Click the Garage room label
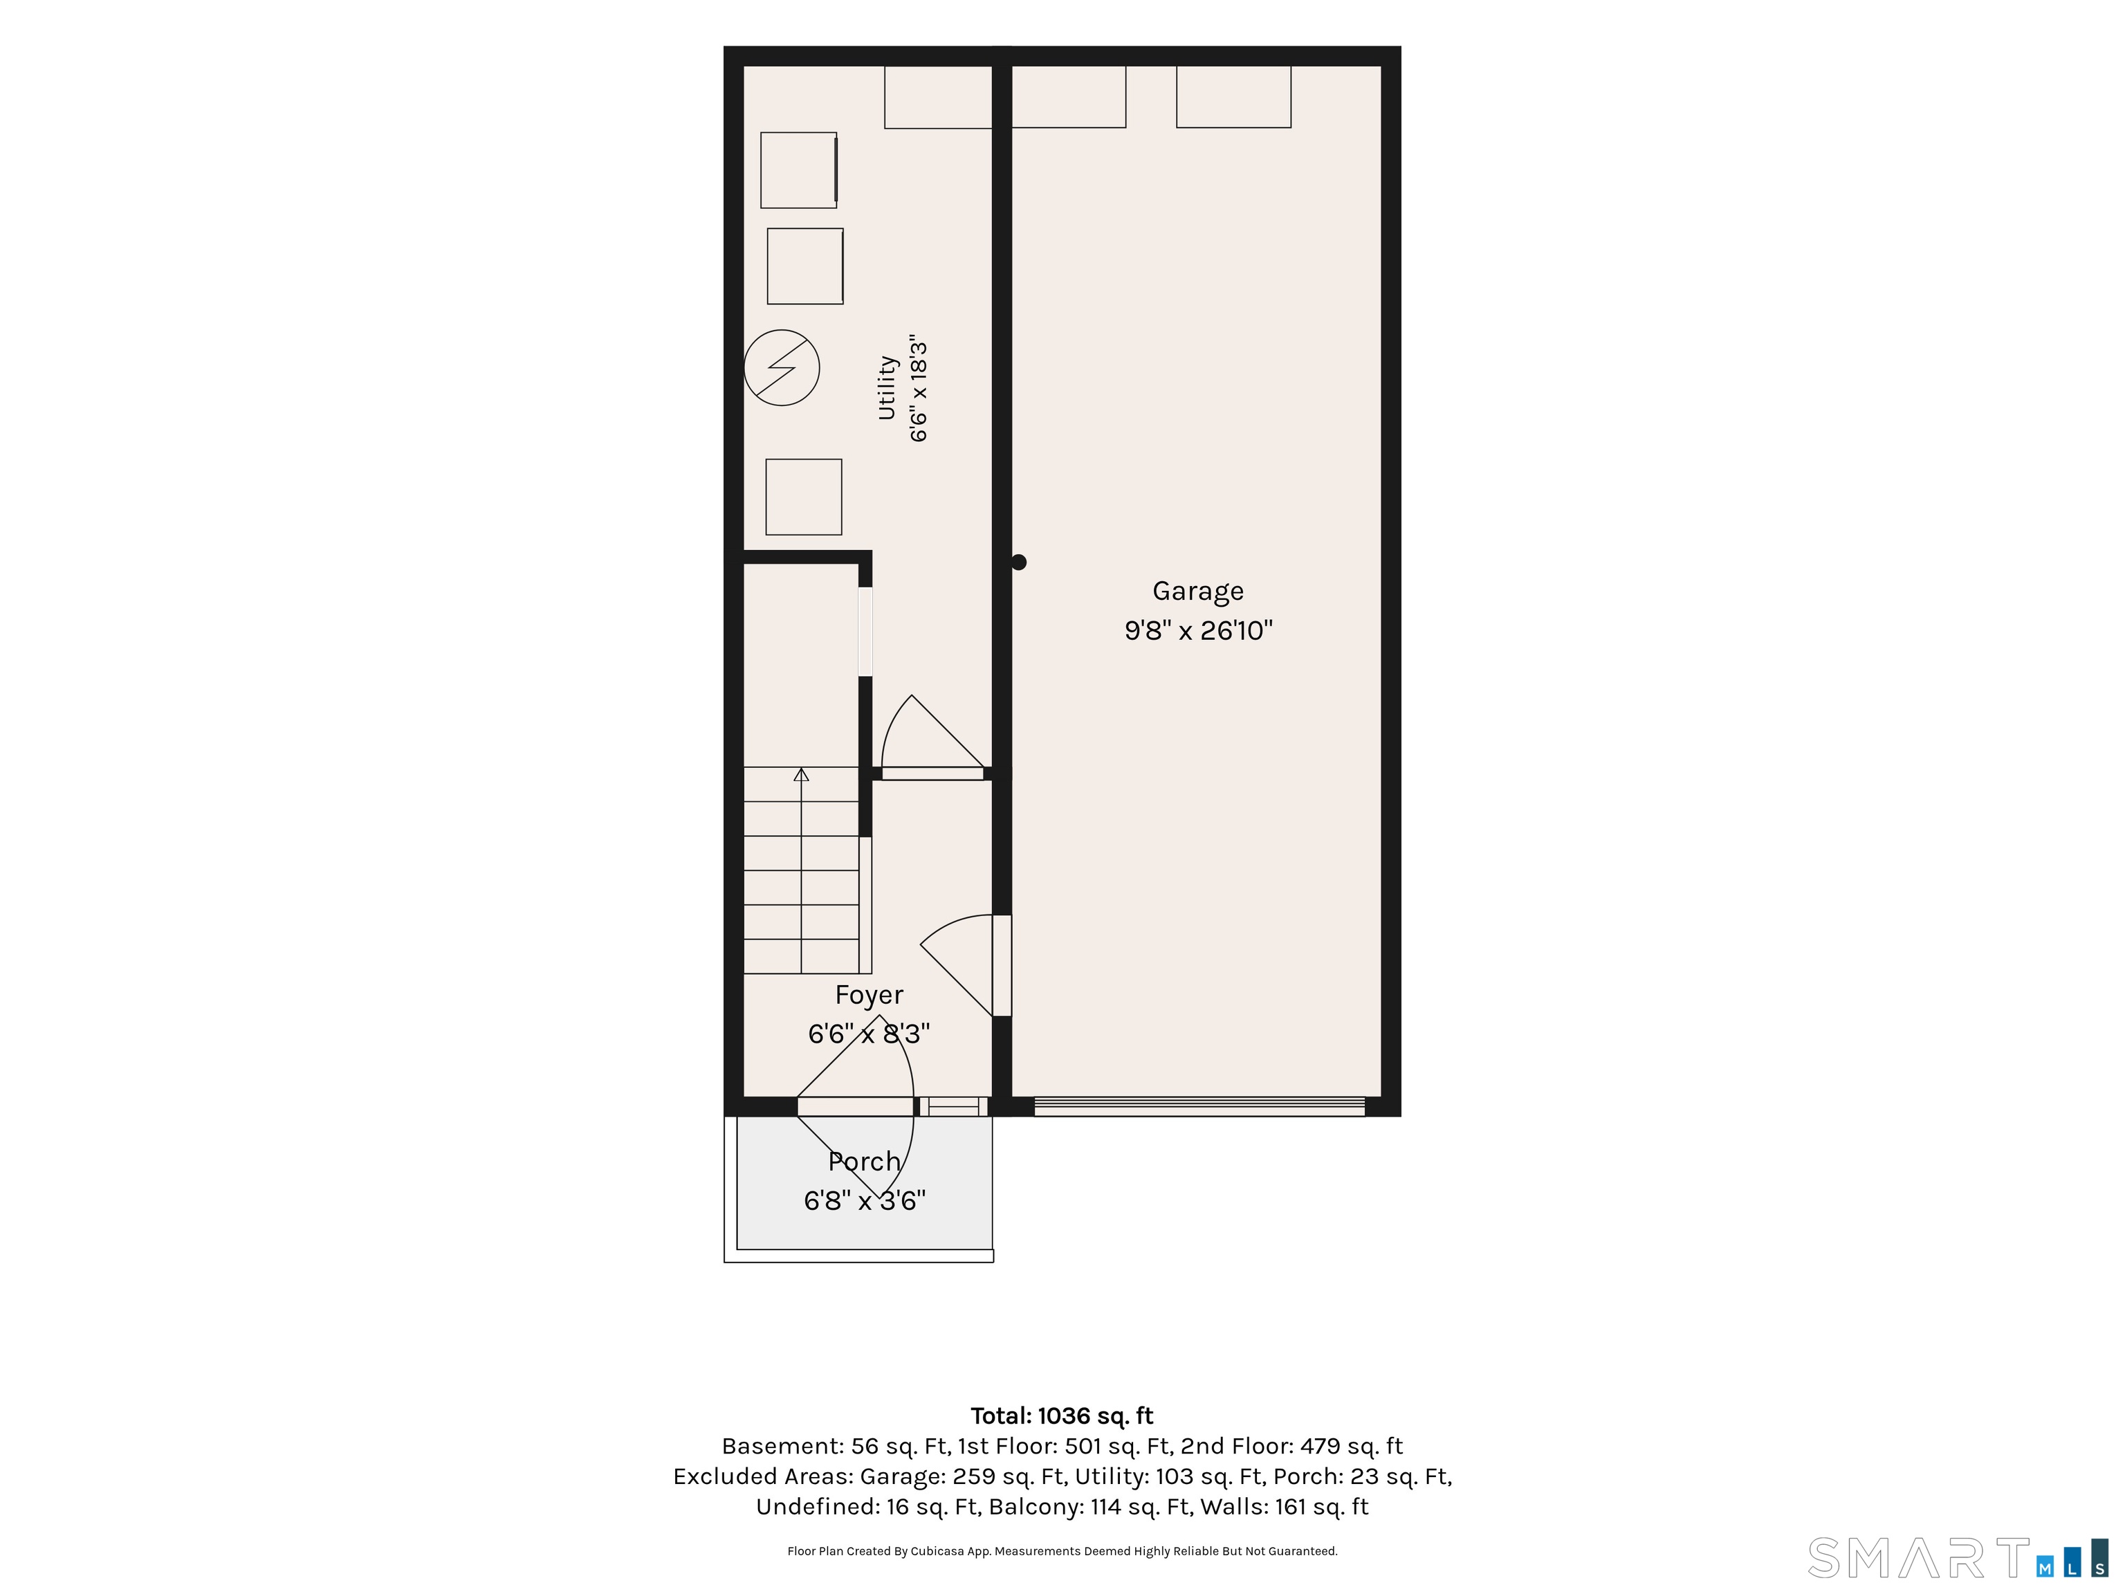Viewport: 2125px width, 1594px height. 1198,592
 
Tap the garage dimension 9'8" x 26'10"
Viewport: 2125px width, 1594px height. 1199,630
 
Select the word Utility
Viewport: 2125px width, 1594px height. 887,388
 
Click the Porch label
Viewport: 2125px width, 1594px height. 865,1162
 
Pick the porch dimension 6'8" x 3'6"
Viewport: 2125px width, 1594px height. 865,1201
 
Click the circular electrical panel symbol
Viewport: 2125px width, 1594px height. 782,368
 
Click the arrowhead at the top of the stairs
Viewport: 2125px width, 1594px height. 801,774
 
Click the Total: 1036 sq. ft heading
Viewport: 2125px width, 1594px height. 1062,1416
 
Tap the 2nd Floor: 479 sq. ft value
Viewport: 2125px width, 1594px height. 1291,1446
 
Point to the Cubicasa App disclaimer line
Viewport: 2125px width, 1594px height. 1062,1551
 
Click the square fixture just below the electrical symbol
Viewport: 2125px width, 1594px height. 804,497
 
